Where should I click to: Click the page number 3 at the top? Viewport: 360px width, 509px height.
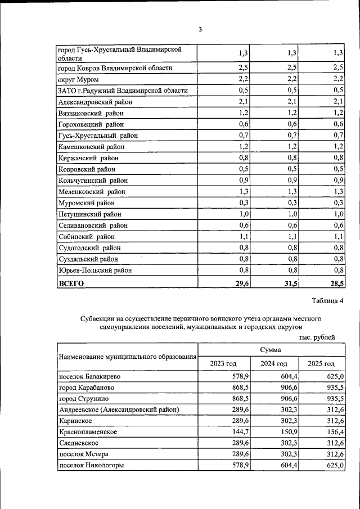(x=199, y=29)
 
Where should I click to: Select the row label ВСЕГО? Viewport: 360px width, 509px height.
(x=71, y=284)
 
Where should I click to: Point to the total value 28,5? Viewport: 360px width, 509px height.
(x=336, y=284)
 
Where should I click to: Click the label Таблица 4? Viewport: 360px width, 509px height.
(x=326, y=301)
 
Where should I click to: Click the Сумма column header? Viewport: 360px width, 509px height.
(x=270, y=350)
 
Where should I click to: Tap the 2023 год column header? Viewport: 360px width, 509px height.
(x=223, y=364)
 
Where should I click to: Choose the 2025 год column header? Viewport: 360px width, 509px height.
(x=321, y=364)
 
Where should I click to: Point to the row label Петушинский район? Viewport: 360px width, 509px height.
(x=90, y=214)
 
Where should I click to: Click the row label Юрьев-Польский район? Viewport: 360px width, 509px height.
(x=95, y=270)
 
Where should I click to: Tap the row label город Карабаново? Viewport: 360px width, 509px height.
(x=87, y=388)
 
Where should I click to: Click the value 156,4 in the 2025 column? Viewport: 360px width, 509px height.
(x=335, y=432)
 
